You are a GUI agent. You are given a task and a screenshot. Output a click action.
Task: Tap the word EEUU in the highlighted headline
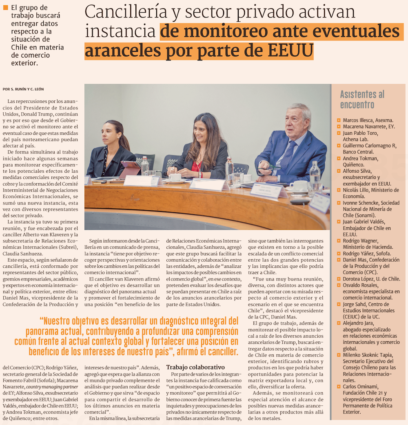(x=290, y=50)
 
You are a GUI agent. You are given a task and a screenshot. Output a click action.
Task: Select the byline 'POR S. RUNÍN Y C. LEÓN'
(x=23, y=89)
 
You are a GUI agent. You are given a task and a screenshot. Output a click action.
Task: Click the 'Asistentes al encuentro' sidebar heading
(x=362, y=99)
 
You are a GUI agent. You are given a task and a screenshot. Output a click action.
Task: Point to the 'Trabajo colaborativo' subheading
(x=195, y=367)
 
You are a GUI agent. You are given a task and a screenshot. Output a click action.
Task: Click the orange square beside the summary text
(x=5, y=7)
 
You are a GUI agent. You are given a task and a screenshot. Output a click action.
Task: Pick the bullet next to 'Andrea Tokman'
(x=338, y=158)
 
